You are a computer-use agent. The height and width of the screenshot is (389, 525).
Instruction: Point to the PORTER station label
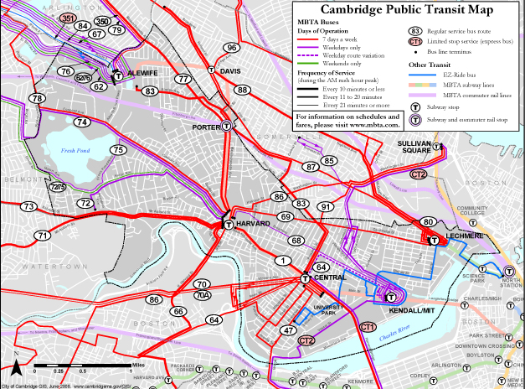coord(205,127)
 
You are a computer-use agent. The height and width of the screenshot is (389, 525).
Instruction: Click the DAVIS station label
coord(230,71)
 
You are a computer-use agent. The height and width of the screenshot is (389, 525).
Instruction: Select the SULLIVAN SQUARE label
coord(419,148)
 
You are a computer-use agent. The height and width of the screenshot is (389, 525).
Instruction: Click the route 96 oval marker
coord(232,48)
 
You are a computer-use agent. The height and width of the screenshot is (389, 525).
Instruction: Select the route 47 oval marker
coord(288,331)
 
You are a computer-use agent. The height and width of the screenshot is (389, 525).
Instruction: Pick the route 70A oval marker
coord(202,295)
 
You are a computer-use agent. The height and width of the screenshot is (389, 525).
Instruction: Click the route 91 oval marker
coord(326,206)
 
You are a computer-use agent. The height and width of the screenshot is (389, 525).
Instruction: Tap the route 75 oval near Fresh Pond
coord(118,150)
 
